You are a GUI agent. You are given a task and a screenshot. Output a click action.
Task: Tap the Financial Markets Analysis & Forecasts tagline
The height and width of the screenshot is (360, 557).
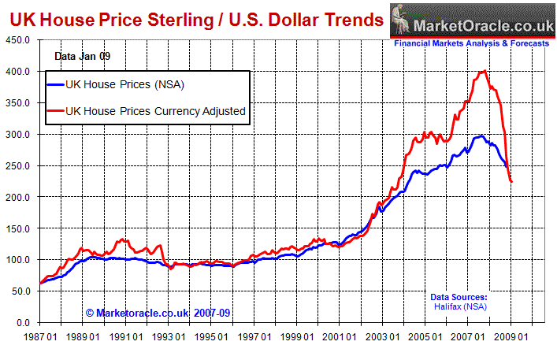471,43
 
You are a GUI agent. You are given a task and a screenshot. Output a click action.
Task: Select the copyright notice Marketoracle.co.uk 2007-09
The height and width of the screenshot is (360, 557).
158,312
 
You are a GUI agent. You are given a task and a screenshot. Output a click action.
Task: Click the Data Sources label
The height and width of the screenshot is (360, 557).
459,297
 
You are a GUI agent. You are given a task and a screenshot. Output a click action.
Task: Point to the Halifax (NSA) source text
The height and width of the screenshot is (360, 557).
459,306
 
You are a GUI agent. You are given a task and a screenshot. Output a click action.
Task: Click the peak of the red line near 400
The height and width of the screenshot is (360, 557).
483,71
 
